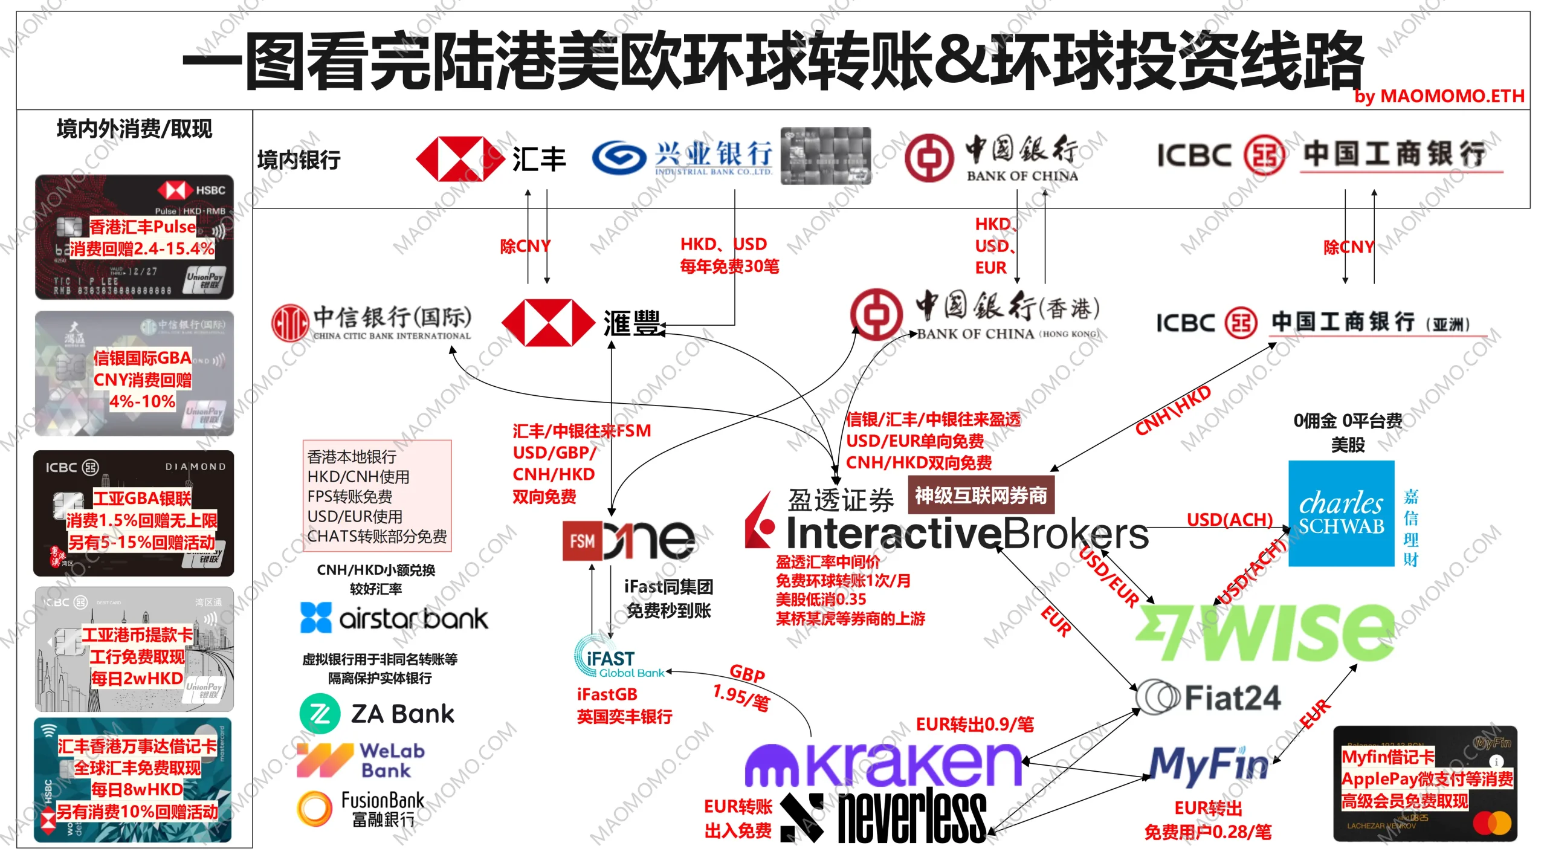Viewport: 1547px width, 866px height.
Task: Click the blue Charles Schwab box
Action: pos(1341,514)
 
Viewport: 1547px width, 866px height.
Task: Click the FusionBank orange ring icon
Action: pos(315,809)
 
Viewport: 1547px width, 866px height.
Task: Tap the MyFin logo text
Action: pos(1209,764)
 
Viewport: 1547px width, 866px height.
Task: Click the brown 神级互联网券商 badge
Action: pos(980,496)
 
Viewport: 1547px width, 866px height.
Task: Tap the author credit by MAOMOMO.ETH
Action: pos(1439,96)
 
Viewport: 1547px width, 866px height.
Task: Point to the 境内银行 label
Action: pos(299,160)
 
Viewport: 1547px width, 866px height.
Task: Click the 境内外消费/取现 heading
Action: pos(134,129)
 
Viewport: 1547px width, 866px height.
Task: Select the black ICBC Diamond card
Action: pos(134,513)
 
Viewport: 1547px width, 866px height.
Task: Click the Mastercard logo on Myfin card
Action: pos(1492,822)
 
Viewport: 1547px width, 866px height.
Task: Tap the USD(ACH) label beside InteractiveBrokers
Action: pos(1229,520)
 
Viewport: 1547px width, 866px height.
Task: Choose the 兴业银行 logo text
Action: pos(713,154)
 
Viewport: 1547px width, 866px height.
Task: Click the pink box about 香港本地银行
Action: pos(377,496)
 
